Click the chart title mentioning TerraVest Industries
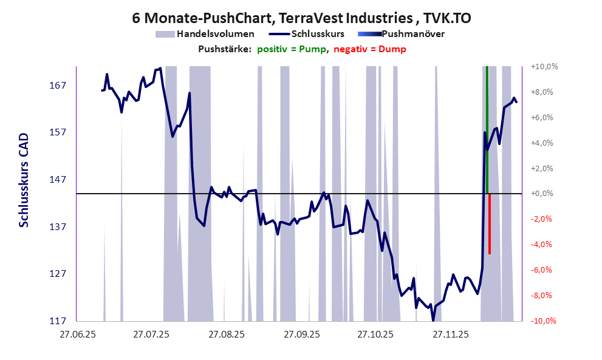click(x=301, y=18)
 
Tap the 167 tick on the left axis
click(x=58, y=85)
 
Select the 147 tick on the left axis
click(x=58, y=180)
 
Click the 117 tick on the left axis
click(x=58, y=321)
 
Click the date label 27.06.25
click(x=77, y=335)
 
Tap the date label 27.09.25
click(x=301, y=335)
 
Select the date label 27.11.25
click(x=450, y=335)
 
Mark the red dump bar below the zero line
click(x=490, y=225)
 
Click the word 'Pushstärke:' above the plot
click(x=225, y=49)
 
